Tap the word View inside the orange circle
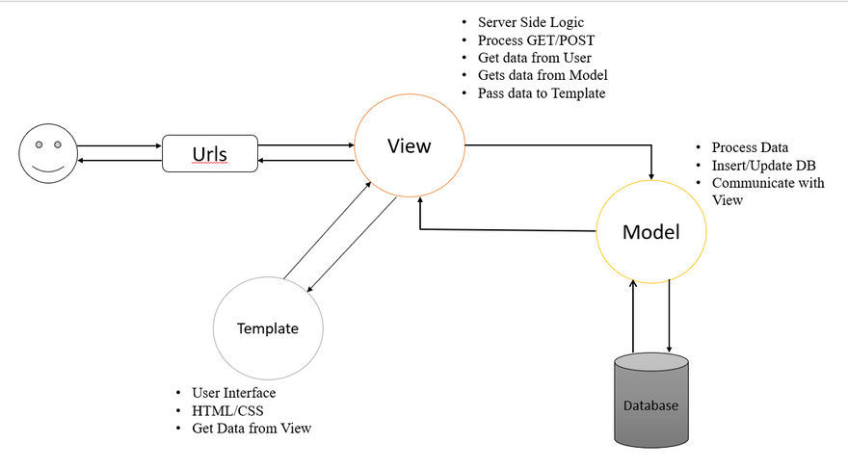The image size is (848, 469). click(x=410, y=146)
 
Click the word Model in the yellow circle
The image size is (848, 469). click(x=650, y=231)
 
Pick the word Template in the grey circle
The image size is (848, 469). click(x=268, y=328)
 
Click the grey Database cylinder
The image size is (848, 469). click(x=651, y=402)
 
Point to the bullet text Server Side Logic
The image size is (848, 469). click(x=531, y=22)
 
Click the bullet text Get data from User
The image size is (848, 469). click(x=535, y=58)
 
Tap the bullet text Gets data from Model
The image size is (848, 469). click(x=543, y=75)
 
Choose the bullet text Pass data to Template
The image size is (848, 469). click(x=542, y=93)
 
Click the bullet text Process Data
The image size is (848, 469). click(x=750, y=147)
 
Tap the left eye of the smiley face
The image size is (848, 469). click(x=40, y=144)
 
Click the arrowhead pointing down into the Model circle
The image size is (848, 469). click(x=652, y=175)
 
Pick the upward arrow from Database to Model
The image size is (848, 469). click(x=632, y=318)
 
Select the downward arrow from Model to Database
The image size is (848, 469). click(x=670, y=318)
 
